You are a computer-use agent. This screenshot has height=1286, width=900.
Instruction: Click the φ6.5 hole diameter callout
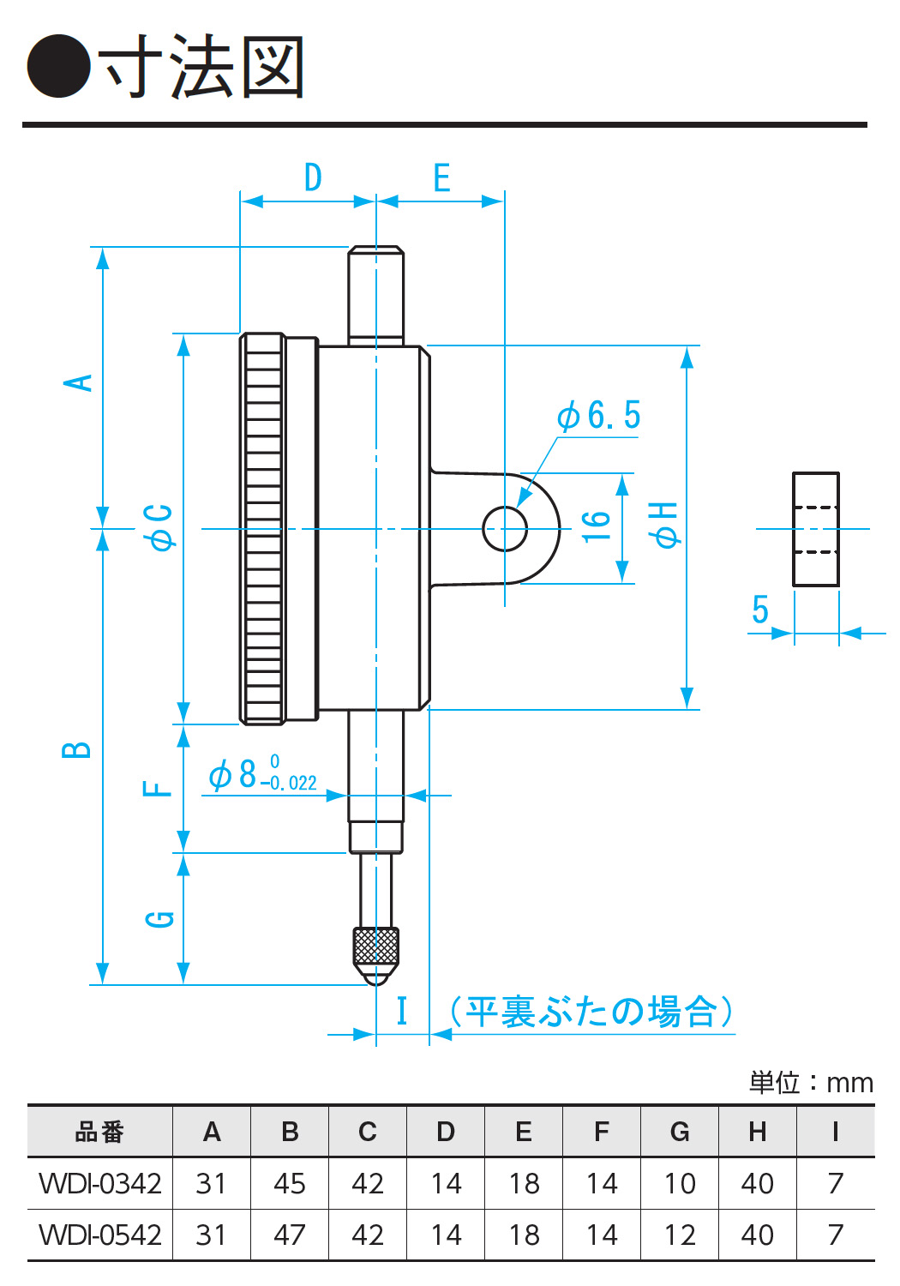(x=598, y=415)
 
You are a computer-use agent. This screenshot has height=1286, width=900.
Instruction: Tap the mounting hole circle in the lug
(x=505, y=529)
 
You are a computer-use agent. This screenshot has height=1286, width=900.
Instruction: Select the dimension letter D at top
(x=313, y=177)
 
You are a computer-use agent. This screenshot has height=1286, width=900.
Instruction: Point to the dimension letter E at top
(x=442, y=177)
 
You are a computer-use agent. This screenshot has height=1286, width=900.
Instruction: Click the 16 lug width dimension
(x=597, y=526)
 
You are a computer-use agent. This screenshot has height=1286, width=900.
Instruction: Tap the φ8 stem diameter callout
(x=262, y=774)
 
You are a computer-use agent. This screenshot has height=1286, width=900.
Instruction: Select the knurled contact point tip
(x=376, y=956)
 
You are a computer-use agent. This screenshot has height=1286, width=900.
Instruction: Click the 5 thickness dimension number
(x=760, y=609)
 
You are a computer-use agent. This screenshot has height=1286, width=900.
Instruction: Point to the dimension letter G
(x=159, y=918)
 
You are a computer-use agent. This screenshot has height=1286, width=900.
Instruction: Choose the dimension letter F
(x=157, y=788)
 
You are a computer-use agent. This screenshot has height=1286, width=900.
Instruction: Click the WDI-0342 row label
(x=100, y=1183)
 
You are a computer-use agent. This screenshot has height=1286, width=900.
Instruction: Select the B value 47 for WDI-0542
(x=290, y=1235)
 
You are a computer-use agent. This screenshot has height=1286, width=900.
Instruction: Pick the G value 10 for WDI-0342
(x=680, y=1183)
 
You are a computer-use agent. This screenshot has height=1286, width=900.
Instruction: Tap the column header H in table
(x=758, y=1132)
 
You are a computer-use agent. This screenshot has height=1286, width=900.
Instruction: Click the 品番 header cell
(x=100, y=1132)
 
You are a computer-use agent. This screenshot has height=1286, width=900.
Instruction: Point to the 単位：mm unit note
(x=811, y=1083)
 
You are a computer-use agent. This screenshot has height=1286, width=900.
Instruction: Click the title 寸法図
(x=201, y=66)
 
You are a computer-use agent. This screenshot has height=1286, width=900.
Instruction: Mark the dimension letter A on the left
(x=77, y=382)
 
